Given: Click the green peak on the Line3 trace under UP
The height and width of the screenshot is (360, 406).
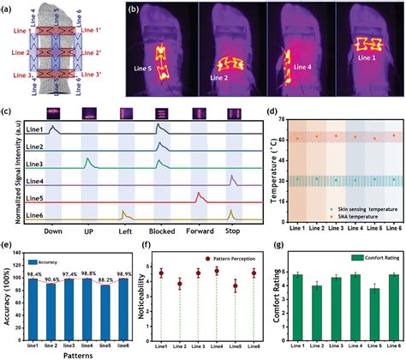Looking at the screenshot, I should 87,159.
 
